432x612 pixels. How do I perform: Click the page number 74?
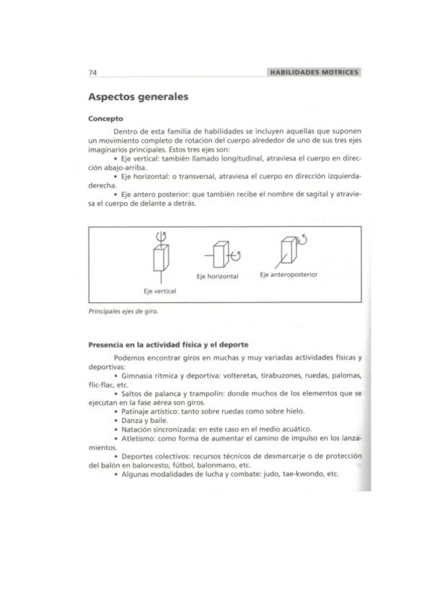pyautogui.click(x=92, y=72)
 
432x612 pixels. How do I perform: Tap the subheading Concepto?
pyautogui.click(x=105, y=118)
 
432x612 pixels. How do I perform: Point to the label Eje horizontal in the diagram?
pyautogui.click(x=217, y=276)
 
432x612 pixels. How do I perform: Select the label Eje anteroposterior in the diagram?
pyautogui.click(x=289, y=274)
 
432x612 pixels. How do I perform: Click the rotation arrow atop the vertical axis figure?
pyautogui.click(x=161, y=237)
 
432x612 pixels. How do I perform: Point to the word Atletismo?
pyautogui.click(x=137, y=438)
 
